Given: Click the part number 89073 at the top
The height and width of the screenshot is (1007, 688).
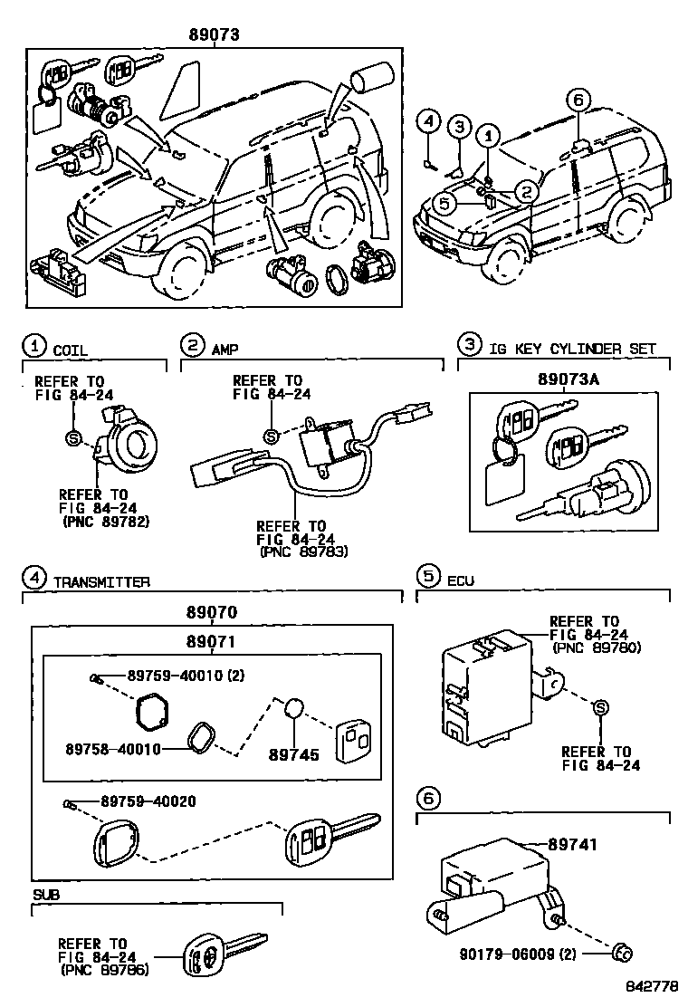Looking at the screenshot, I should tap(214, 35).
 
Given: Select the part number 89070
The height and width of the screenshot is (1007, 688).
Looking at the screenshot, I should tap(212, 613).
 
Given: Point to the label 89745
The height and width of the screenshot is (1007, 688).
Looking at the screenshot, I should tap(294, 753).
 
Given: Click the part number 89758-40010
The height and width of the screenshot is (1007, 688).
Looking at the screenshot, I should tap(113, 749).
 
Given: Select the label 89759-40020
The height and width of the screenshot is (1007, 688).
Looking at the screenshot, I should tap(148, 801).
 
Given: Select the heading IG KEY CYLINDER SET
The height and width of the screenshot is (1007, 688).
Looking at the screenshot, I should tap(572, 349).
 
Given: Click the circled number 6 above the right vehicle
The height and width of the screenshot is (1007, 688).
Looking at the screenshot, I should tap(579, 100).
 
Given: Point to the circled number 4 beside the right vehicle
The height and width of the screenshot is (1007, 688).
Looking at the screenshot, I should tap(431, 123).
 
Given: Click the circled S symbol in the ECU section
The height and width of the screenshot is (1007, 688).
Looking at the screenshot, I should tap(602, 709).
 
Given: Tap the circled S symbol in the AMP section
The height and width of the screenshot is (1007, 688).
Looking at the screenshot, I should tap(270, 436).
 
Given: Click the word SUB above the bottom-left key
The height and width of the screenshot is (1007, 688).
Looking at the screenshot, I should tap(45, 895).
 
